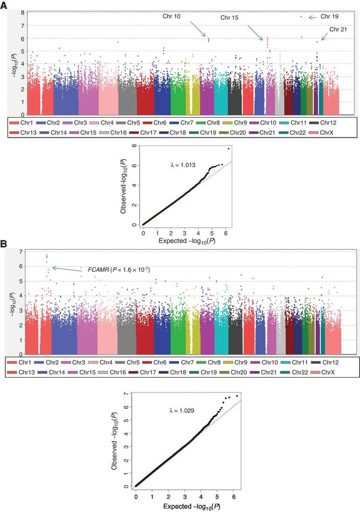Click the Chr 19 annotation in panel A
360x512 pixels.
pyautogui.click(x=329, y=17)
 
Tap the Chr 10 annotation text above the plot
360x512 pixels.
pyautogui.click(x=171, y=16)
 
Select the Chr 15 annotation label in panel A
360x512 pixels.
pyautogui.click(x=230, y=18)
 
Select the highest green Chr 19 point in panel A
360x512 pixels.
pyautogui.click(x=301, y=17)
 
